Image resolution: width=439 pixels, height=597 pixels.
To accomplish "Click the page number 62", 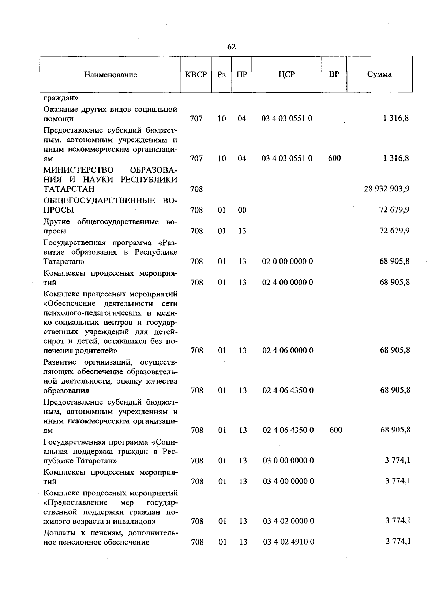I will point(231,47).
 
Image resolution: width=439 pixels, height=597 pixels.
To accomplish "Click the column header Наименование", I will point(110,75).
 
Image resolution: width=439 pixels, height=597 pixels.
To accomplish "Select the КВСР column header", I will point(196,75).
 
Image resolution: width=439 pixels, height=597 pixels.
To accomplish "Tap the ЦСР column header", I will point(286,74).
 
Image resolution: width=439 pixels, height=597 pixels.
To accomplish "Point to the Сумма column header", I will point(379,74).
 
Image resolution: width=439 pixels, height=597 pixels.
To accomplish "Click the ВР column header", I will point(334,74).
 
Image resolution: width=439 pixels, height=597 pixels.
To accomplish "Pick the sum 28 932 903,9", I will point(387,189).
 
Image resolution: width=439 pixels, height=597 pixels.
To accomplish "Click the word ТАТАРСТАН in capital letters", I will point(69,189).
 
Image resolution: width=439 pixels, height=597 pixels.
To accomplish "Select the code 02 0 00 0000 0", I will point(288,262).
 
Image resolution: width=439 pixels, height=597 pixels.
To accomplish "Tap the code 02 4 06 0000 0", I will point(288,350).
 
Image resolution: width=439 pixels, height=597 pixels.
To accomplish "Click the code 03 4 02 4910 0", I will point(288,542).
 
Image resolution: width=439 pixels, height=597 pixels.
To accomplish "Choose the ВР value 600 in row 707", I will point(334,158).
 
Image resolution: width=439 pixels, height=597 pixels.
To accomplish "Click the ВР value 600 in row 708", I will point(335,430).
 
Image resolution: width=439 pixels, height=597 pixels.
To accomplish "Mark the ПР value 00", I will point(242,210).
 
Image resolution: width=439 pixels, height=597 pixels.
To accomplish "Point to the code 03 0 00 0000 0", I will point(288,461).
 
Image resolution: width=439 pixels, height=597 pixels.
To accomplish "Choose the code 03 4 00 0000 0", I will point(288,482).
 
